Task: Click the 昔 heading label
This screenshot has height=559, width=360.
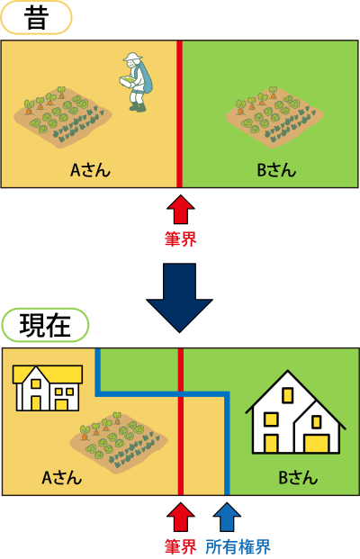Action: click(36, 18)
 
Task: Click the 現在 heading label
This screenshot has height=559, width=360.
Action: click(45, 325)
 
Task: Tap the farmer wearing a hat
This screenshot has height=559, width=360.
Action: click(135, 82)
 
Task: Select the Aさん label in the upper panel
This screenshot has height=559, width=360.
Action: click(90, 170)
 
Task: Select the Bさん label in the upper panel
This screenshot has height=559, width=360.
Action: click(276, 170)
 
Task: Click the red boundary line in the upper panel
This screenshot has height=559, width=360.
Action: click(180, 113)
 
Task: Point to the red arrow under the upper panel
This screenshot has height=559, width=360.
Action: click(180, 209)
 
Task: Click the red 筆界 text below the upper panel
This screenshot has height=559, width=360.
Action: click(180, 239)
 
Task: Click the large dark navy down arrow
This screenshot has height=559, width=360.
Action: click(179, 298)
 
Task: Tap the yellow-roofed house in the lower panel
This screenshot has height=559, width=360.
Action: click(48, 388)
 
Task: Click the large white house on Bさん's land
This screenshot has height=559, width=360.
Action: click(295, 412)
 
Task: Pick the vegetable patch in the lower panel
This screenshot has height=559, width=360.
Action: click(119, 442)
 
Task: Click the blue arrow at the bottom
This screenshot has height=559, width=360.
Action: click(227, 518)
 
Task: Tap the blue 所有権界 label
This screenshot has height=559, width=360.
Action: click(238, 547)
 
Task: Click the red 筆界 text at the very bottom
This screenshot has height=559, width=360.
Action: click(180, 547)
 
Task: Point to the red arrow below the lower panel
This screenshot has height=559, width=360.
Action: click(180, 518)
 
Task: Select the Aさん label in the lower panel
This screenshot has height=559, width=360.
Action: click(62, 478)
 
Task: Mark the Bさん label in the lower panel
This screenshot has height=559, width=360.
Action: click(298, 478)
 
